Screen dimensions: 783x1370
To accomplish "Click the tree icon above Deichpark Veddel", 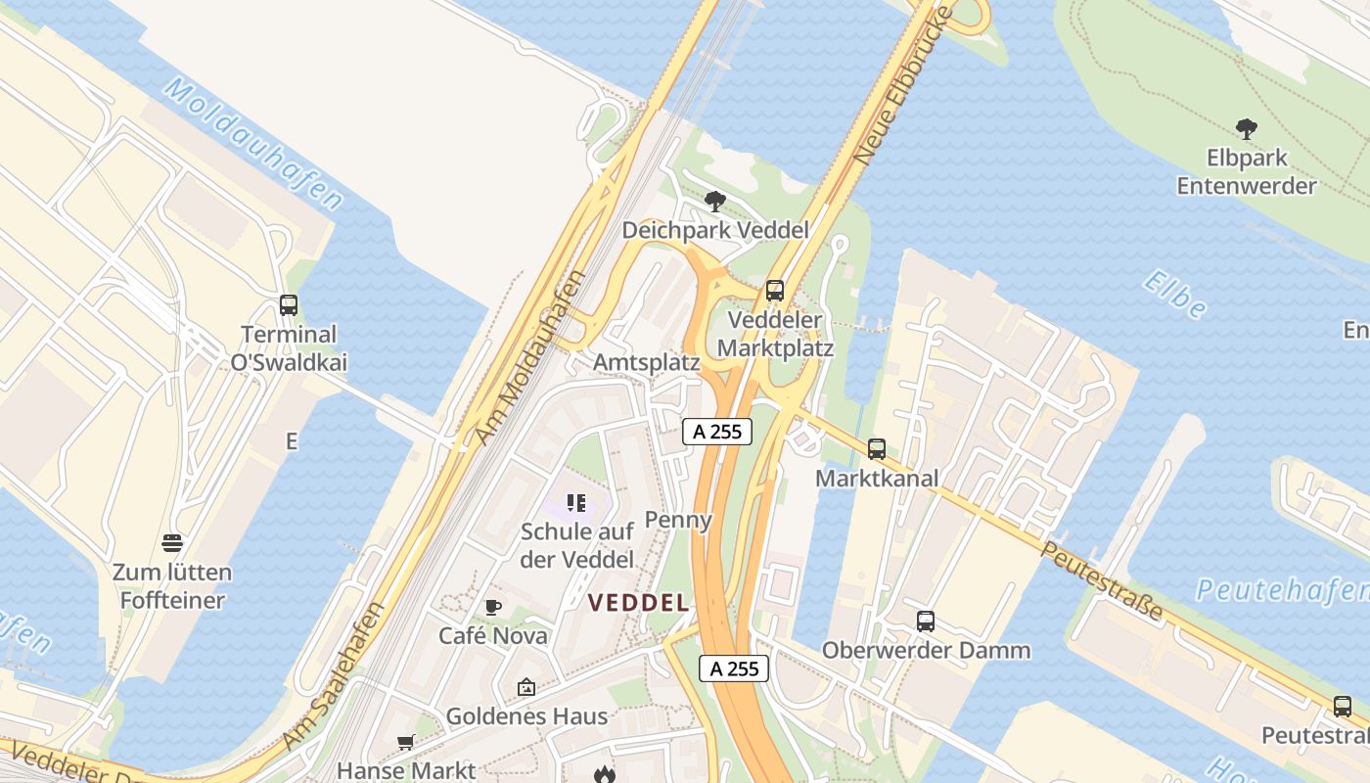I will pyautogui.click(x=715, y=203).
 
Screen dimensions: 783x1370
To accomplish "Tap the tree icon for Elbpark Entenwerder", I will pyautogui.click(x=1246, y=128).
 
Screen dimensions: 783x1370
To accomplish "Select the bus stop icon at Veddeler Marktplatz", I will pyautogui.click(x=775, y=291).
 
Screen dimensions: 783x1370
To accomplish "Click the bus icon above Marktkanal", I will pyautogui.click(x=877, y=449).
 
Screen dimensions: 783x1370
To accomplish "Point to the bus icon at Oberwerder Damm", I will pyautogui.click(x=925, y=621).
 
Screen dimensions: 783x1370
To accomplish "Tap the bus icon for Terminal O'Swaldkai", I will pyautogui.click(x=288, y=305).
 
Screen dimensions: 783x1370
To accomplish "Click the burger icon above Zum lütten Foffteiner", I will pyautogui.click(x=172, y=543).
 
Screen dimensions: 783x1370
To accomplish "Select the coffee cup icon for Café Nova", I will pyautogui.click(x=493, y=608).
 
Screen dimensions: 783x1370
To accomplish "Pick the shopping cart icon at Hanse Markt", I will pyautogui.click(x=406, y=743).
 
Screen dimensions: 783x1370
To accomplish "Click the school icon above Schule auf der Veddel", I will pyautogui.click(x=576, y=504).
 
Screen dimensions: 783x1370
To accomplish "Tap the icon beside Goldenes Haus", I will pyautogui.click(x=526, y=687).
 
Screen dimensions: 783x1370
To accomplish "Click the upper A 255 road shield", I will pyautogui.click(x=717, y=431).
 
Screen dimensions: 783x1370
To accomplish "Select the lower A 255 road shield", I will pyautogui.click(x=734, y=668).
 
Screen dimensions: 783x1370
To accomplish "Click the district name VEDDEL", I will pyautogui.click(x=638, y=603).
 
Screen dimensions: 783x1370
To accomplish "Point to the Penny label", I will pyautogui.click(x=678, y=519).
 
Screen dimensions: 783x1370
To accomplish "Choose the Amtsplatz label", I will pyautogui.click(x=646, y=362).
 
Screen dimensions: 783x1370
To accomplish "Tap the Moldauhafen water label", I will pyautogui.click(x=253, y=144).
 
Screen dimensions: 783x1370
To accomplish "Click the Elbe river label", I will pyautogui.click(x=1173, y=295).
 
